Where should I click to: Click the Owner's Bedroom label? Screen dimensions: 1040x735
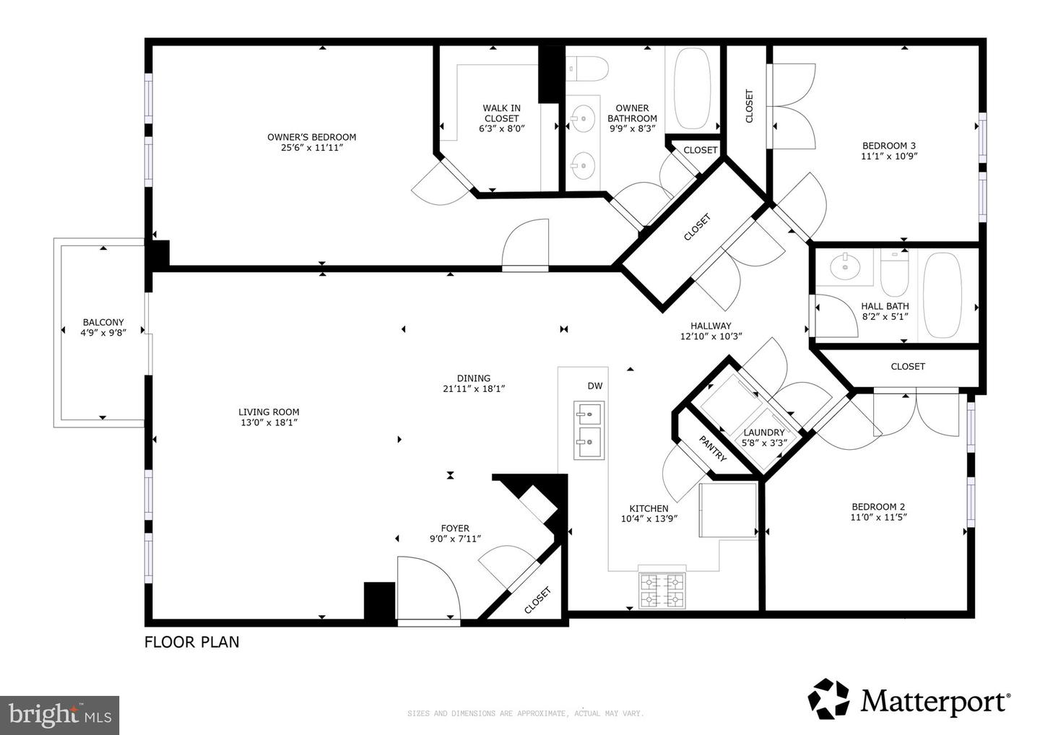pos(311,137)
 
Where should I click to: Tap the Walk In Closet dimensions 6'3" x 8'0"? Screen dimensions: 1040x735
pos(501,129)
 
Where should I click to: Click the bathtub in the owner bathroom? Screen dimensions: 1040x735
pos(692,88)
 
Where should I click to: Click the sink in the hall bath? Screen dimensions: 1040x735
pos(845,267)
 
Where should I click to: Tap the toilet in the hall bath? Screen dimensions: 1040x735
pos(894,274)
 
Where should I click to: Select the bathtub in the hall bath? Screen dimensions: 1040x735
pos(942,295)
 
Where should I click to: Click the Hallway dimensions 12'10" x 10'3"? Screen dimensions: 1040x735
pos(711,336)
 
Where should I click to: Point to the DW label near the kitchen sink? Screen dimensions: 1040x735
pos(595,386)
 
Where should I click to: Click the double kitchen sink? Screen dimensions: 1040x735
pos(589,430)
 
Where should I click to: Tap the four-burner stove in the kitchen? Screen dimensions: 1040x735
pos(662,590)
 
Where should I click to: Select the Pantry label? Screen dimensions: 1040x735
pos(712,448)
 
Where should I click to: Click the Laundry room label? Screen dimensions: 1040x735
pos(764,432)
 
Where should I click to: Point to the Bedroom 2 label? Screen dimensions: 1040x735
pos(878,507)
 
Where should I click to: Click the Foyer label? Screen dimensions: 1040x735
pos(455,529)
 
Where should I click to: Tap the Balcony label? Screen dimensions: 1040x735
pos(103,323)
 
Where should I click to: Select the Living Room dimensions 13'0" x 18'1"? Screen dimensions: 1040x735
pos(269,422)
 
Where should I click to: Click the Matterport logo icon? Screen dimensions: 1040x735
pos(829,700)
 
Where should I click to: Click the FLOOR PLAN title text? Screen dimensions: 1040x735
pos(192,642)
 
